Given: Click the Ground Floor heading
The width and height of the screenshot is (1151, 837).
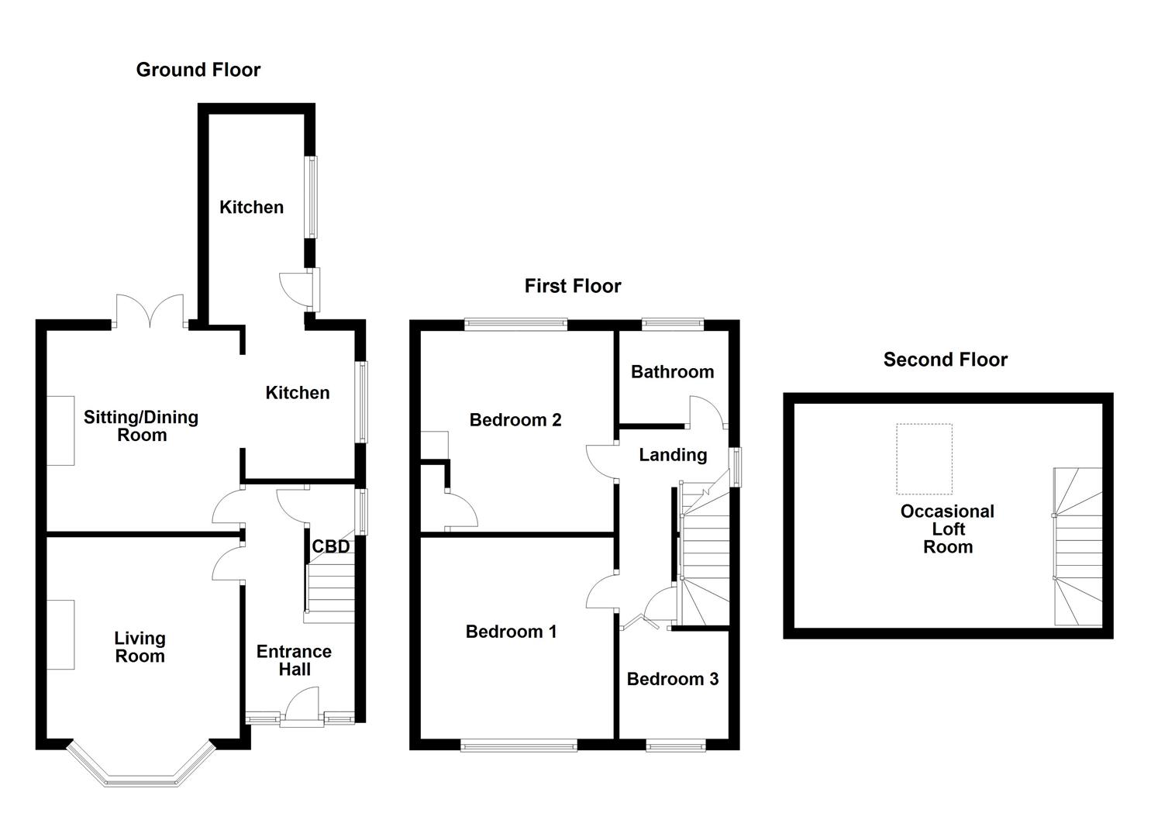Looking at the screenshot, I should pyautogui.click(x=198, y=70).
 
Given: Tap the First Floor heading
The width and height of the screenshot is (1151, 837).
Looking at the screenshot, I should pyautogui.click(x=573, y=286).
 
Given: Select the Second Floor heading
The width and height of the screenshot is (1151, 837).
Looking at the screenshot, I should pyautogui.click(x=945, y=360).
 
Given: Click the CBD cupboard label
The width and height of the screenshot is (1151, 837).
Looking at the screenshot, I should pyautogui.click(x=331, y=546).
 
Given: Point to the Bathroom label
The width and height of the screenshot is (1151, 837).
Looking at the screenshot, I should pyautogui.click(x=672, y=372).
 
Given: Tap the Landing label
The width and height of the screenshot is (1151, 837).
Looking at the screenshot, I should pyautogui.click(x=673, y=455).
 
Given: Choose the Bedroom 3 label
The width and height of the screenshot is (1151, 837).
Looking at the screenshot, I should pyautogui.click(x=672, y=679).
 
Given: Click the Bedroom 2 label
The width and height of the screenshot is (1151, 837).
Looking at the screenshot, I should pyautogui.click(x=515, y=420).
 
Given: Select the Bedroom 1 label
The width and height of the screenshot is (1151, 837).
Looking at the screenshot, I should pyautogui.click(x=511, y=632).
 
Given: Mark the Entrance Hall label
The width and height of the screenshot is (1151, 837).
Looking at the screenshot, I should pyautogui.click(x=294, y=660).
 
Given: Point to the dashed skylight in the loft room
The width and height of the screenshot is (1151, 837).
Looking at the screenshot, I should pyautogui.click(x=924, y=459).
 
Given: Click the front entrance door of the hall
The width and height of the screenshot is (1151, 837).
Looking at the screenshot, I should pyautogui.click(x=302, y=710).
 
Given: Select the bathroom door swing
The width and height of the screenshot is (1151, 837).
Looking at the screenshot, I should pyautogui.click(x=707, y=412).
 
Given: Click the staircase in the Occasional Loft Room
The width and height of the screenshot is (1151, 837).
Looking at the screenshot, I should pyautogui.click(x=1077, y=546).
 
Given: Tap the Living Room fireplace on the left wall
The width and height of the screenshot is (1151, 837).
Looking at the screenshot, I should pyautogui.click(x=60, y=634).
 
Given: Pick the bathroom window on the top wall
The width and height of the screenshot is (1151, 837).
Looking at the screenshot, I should pyautogui.click(x=672, y=324).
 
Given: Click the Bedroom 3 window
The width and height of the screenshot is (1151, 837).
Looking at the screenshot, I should pyautogui.click(x=676, y=746).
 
